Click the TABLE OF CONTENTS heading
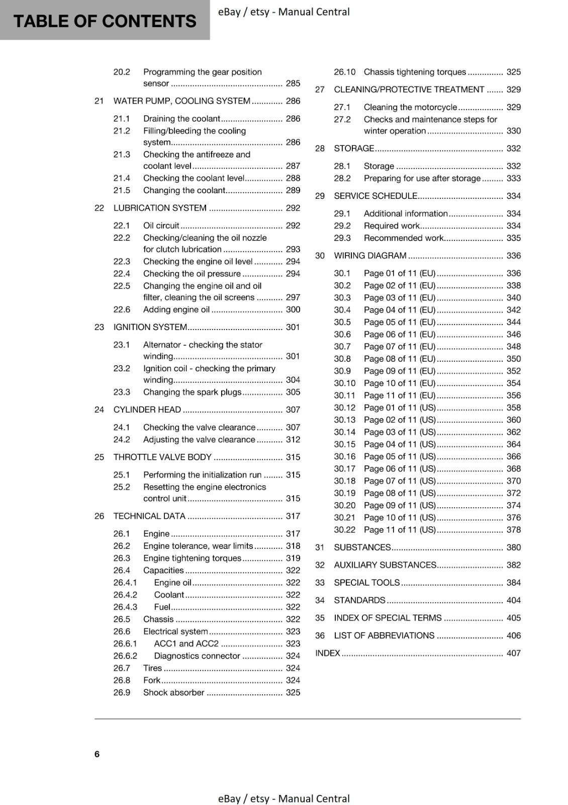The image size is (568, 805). click(x=105, y=21)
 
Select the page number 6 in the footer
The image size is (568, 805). click(x=97, y=754)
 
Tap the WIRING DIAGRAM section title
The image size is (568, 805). click(x=370, y=256)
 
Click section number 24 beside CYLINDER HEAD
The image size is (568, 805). click(x=99, y=410)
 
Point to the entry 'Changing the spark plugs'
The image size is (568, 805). click(x=192, y=392)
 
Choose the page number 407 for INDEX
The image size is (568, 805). click(x=513, y=653)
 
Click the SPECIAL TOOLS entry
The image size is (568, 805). click(x=366, y=583)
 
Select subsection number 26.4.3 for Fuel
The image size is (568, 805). click(x=125, y=607)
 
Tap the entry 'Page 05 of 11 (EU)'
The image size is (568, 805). click(x=400, y=322)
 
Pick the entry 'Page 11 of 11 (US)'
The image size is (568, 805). click(x=400, y=529)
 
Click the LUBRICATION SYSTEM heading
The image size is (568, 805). click(x=160, y=208)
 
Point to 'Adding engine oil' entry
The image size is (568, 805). click(x=176, y=309)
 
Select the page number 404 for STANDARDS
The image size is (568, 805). click(x=513, y=600)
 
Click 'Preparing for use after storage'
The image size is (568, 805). click(x=422, y=178)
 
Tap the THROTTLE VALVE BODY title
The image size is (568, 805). click(x=162, y=457)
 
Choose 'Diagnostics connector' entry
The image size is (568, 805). click(x=197, y=656)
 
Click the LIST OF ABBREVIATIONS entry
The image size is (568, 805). click(x=384, y=635)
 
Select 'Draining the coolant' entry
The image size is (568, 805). click(x=181, y=119)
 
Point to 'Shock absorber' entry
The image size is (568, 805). click(x=173, y=692)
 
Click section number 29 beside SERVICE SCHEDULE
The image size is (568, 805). click(x=320, y=196)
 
